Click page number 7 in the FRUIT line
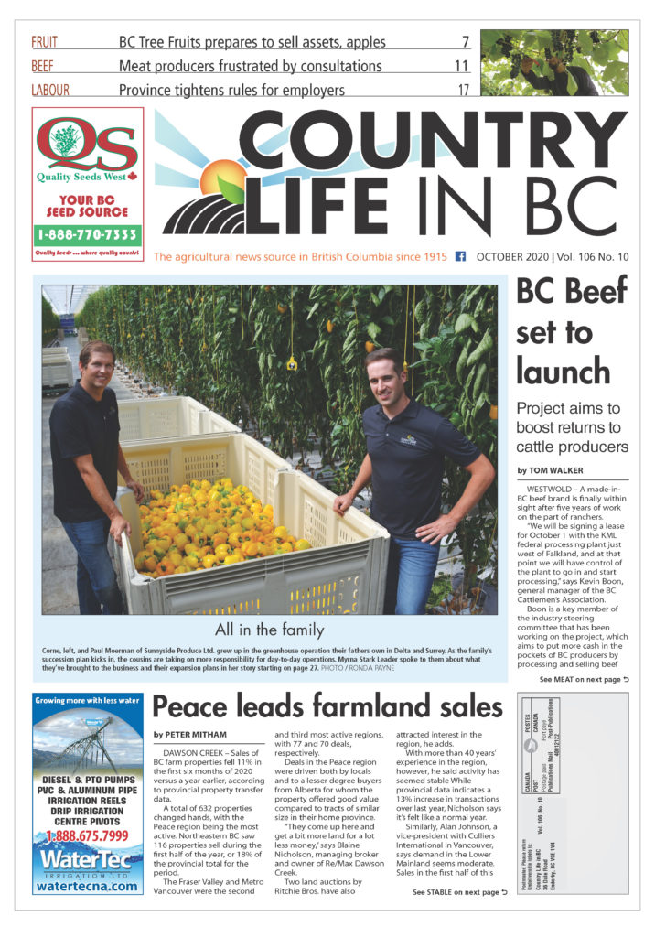point(465,42)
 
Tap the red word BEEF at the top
point(42,66)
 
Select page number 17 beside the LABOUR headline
point(463,90)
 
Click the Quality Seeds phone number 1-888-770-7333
point(88,234)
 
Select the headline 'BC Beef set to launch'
point(571,331)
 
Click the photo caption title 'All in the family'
point(269,629)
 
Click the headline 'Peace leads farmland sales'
point(327,707)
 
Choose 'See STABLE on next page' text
point(458,892)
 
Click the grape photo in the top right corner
point(554,62)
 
